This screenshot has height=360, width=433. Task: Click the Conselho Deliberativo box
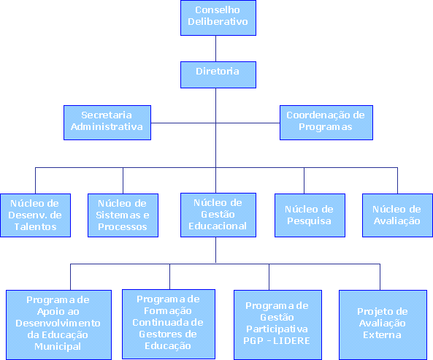218,18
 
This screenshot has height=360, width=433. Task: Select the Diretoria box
218,74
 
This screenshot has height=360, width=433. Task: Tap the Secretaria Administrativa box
107,123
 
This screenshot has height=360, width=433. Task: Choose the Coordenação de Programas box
326,123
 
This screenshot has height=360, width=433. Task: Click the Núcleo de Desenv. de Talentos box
35,215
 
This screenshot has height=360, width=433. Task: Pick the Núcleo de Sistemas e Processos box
123,215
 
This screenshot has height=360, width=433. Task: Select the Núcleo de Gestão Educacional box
218,215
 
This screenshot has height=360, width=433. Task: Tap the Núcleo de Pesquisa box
310,215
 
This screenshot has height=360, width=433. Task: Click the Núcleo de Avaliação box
397,215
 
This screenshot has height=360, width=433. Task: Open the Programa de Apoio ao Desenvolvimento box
59,325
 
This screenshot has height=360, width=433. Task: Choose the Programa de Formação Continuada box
169,324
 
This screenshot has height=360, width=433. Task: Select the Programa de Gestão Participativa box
277,325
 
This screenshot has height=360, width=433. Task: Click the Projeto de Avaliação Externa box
383,325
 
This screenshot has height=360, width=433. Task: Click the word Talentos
35,226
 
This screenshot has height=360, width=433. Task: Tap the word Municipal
58,346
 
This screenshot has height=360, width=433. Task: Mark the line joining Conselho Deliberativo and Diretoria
215,49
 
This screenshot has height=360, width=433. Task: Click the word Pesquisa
309,221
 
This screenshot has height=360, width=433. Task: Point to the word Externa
382,335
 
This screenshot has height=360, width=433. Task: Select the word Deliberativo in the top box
218,21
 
